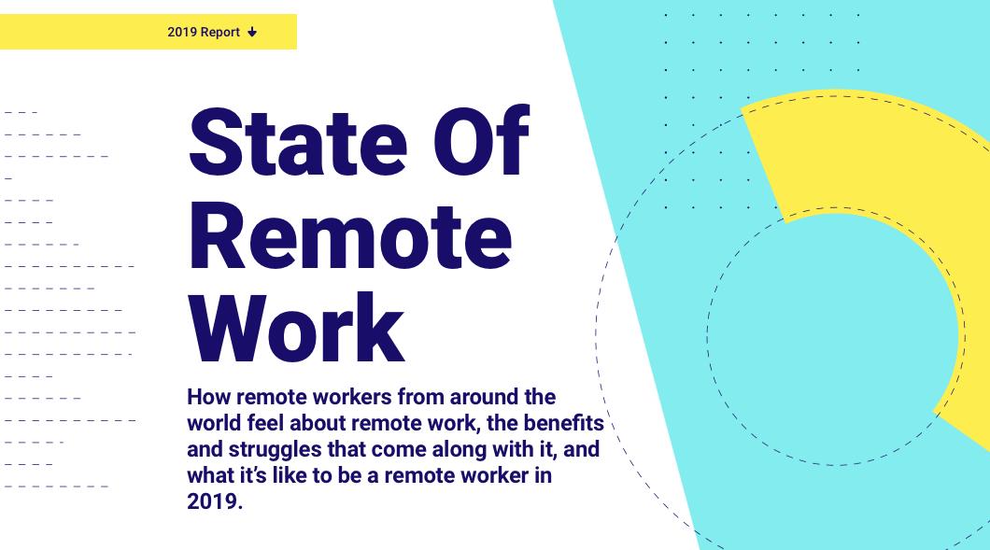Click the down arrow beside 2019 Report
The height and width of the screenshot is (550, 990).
click(252, 33)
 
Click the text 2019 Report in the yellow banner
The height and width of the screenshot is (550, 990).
click(204, 32)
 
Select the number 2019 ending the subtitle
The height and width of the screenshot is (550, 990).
click(213, 501)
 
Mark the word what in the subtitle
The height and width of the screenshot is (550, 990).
click(210, 474)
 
